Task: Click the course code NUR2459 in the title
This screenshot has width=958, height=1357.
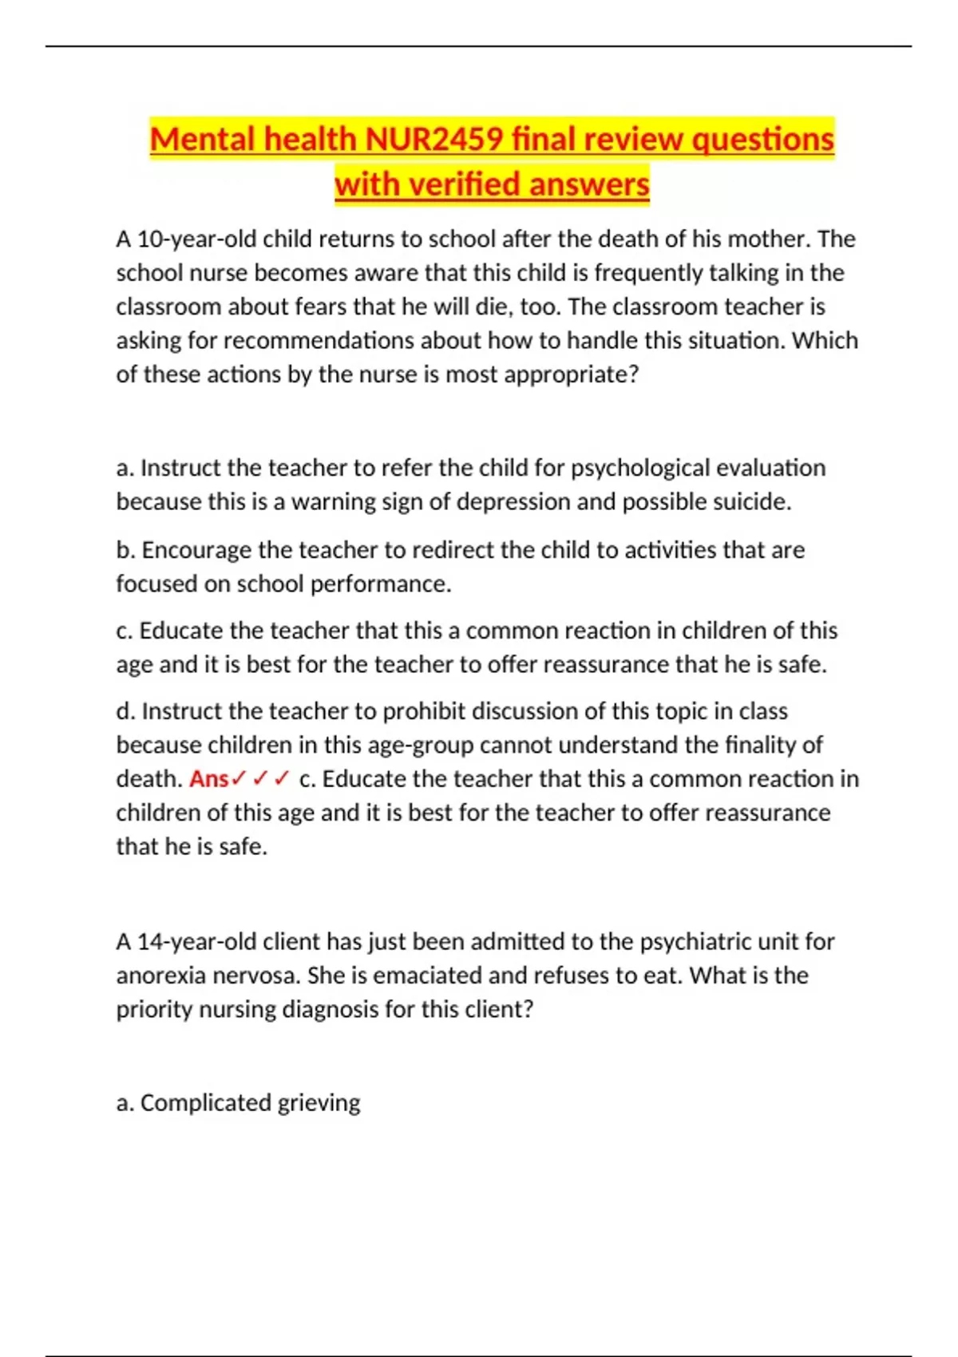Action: [433, 139]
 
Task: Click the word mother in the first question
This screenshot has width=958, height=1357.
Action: [766, 239]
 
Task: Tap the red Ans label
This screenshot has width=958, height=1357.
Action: [209, 778]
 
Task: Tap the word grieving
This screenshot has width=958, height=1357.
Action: [319, 1103]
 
